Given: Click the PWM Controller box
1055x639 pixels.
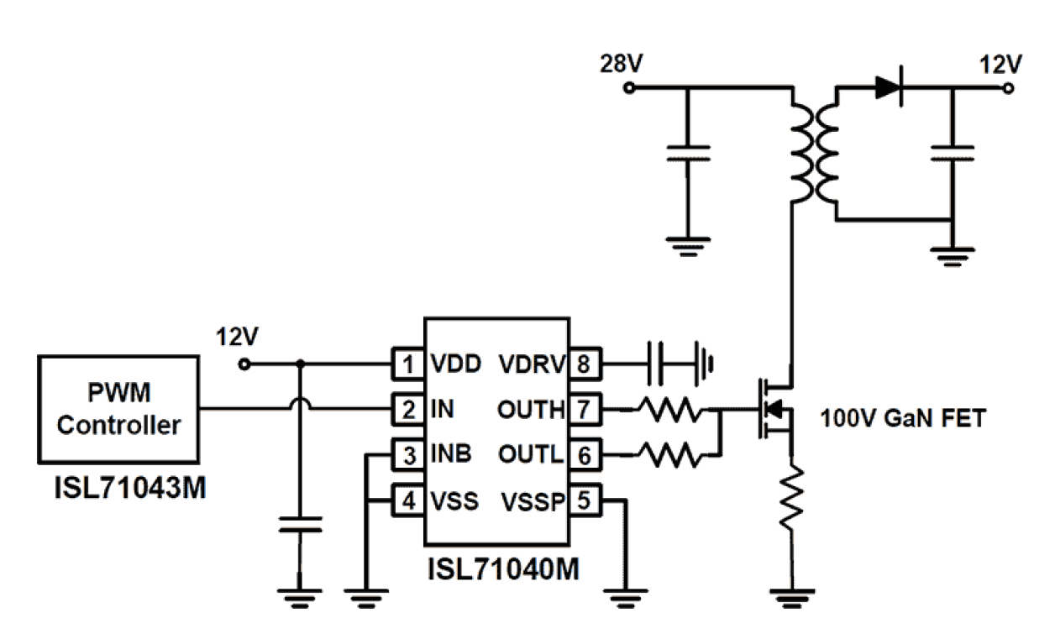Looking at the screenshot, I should point(118,409).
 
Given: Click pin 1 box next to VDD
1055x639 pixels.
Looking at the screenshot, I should point(408,364).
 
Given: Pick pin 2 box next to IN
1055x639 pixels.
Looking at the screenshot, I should point(408,410).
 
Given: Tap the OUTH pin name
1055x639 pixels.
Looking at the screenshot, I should point(531,410).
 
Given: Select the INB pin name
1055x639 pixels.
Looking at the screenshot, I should point(451,456).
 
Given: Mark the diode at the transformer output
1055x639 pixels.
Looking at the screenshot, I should point(889,87).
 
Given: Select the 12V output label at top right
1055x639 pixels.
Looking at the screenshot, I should point(1000,64).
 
